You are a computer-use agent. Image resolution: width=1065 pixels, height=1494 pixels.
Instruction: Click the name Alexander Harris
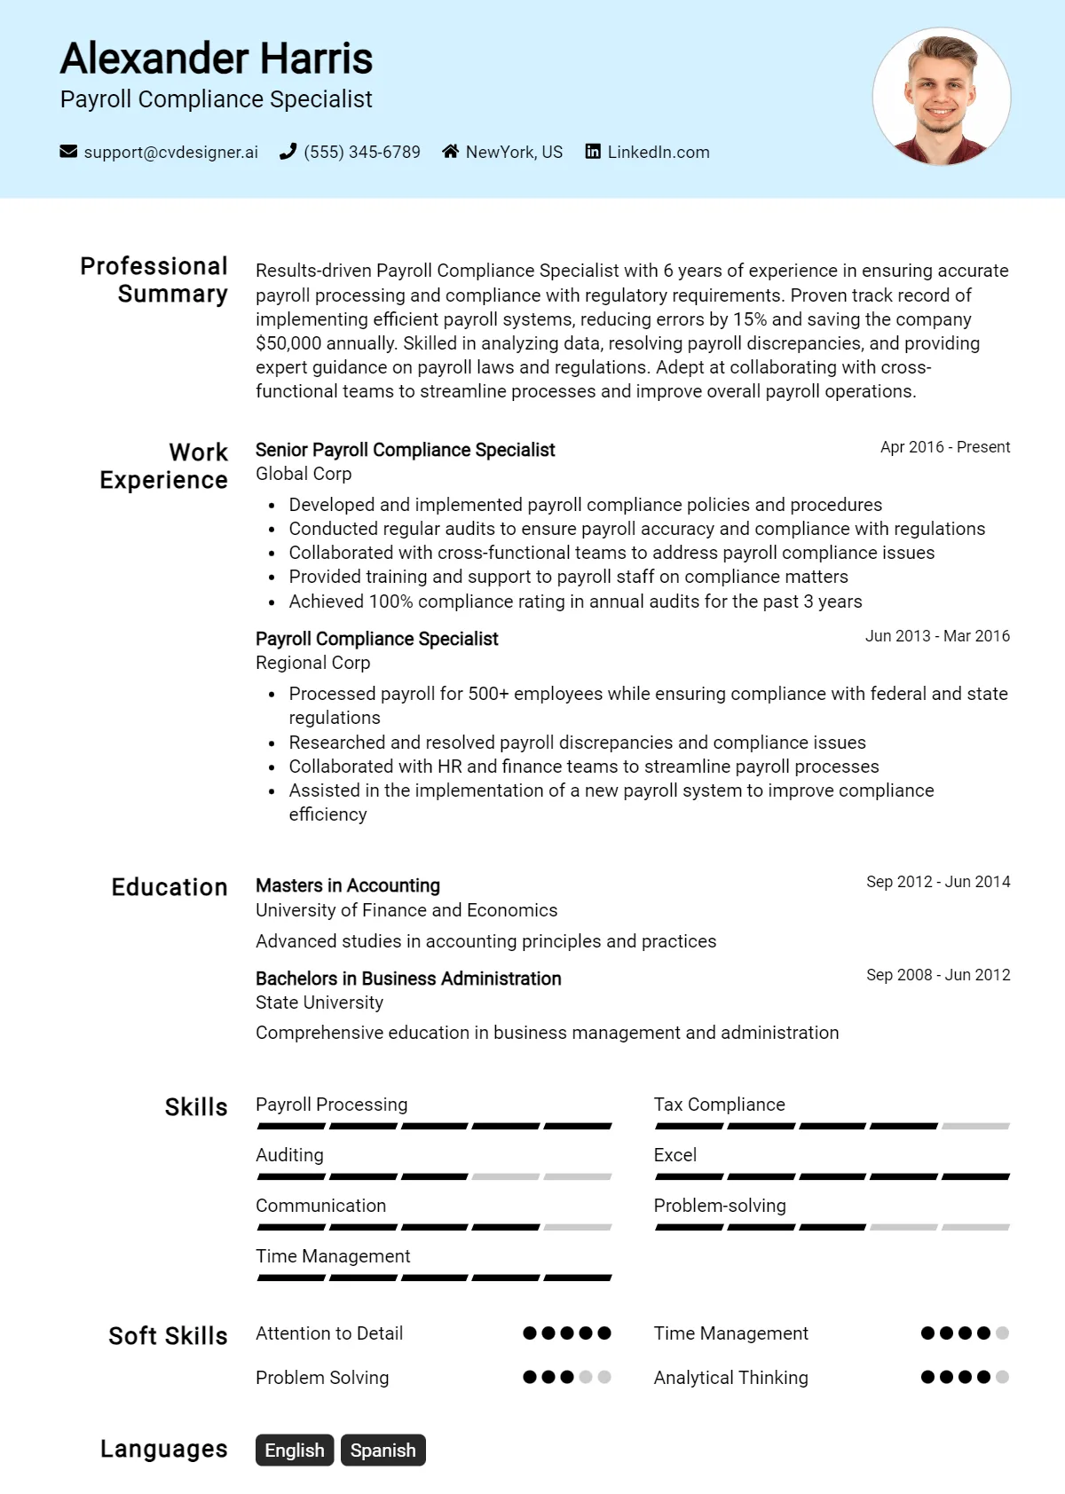[216, 59]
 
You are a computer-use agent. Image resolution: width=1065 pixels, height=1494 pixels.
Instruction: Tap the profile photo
[942, 97]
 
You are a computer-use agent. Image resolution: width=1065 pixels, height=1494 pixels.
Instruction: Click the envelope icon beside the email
[68, 152]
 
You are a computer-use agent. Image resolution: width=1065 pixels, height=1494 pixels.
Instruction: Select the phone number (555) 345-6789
[361, 152]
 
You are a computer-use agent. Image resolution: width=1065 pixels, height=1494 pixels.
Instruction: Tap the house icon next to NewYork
[451, 152]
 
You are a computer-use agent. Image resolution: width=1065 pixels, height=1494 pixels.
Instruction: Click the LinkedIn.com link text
[658, 152]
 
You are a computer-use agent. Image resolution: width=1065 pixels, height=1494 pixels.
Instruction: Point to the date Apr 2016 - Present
[944, 447]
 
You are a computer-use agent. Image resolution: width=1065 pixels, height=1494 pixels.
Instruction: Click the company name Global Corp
[304, 474]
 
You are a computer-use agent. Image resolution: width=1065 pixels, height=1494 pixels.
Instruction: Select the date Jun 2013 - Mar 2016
[937, 636]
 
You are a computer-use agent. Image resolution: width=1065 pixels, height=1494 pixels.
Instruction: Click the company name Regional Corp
[312, 663]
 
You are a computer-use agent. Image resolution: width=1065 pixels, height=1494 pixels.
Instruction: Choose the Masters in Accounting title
[348, 885]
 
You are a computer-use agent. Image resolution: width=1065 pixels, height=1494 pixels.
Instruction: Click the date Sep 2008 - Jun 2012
[938, 975]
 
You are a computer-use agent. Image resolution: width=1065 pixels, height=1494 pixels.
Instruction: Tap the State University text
[319, 1003]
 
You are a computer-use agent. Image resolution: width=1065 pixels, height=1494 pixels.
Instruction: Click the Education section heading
[170, 887]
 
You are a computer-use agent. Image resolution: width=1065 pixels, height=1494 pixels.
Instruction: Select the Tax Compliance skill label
[719, 1105]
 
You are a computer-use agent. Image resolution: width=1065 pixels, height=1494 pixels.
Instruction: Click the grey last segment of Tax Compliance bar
[975, 1126]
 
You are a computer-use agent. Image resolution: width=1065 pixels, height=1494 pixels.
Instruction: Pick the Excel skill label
[675, 1155]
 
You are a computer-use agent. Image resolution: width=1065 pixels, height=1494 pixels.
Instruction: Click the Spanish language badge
[383, 1451]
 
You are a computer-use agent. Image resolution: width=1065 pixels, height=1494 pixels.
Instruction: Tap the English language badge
[295, 1451]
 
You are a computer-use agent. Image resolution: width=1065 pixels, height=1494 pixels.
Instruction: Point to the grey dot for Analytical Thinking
[1002, 1377]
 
